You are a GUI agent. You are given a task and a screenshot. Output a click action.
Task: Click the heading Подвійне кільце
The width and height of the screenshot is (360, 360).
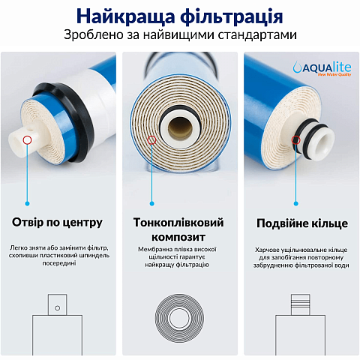(299, 222)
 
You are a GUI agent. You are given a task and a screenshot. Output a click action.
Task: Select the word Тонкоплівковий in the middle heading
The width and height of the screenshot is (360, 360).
(179, 223)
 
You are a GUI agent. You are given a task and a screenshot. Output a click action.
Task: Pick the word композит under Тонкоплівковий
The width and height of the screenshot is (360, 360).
(179, 236)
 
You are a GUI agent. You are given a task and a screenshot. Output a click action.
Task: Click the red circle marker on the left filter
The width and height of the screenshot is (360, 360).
(28, 139)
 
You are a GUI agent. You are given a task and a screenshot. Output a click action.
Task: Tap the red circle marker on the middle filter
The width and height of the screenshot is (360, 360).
(153, 139)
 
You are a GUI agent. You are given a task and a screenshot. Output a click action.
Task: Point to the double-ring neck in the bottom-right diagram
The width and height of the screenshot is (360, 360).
(300, 303)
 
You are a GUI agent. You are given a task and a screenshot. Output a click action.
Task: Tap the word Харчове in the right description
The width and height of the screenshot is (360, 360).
(268, 249)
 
